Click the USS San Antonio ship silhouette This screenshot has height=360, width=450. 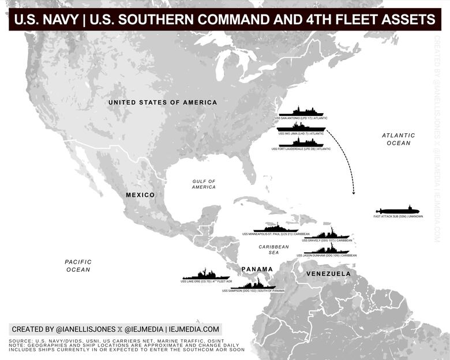tap(301, 112)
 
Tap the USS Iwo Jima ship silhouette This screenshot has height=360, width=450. tap(301, 127)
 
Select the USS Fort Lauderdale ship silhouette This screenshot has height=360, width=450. tap(301, 142)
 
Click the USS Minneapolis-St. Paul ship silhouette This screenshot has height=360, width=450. tap(276, 228)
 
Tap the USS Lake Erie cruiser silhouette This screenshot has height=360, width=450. tap(206, 276)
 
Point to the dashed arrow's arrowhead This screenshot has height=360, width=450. tap(353, 192)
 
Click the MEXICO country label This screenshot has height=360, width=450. tap(140, 195)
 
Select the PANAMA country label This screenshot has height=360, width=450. tap(257, 269)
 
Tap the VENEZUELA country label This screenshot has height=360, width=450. tap(328, 273)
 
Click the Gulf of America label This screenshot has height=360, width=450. tap(204, 184)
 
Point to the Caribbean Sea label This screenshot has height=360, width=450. tap(273, 250)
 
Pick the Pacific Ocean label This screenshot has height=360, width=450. tap(78, 265)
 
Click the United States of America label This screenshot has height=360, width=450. tap(163, 103)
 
